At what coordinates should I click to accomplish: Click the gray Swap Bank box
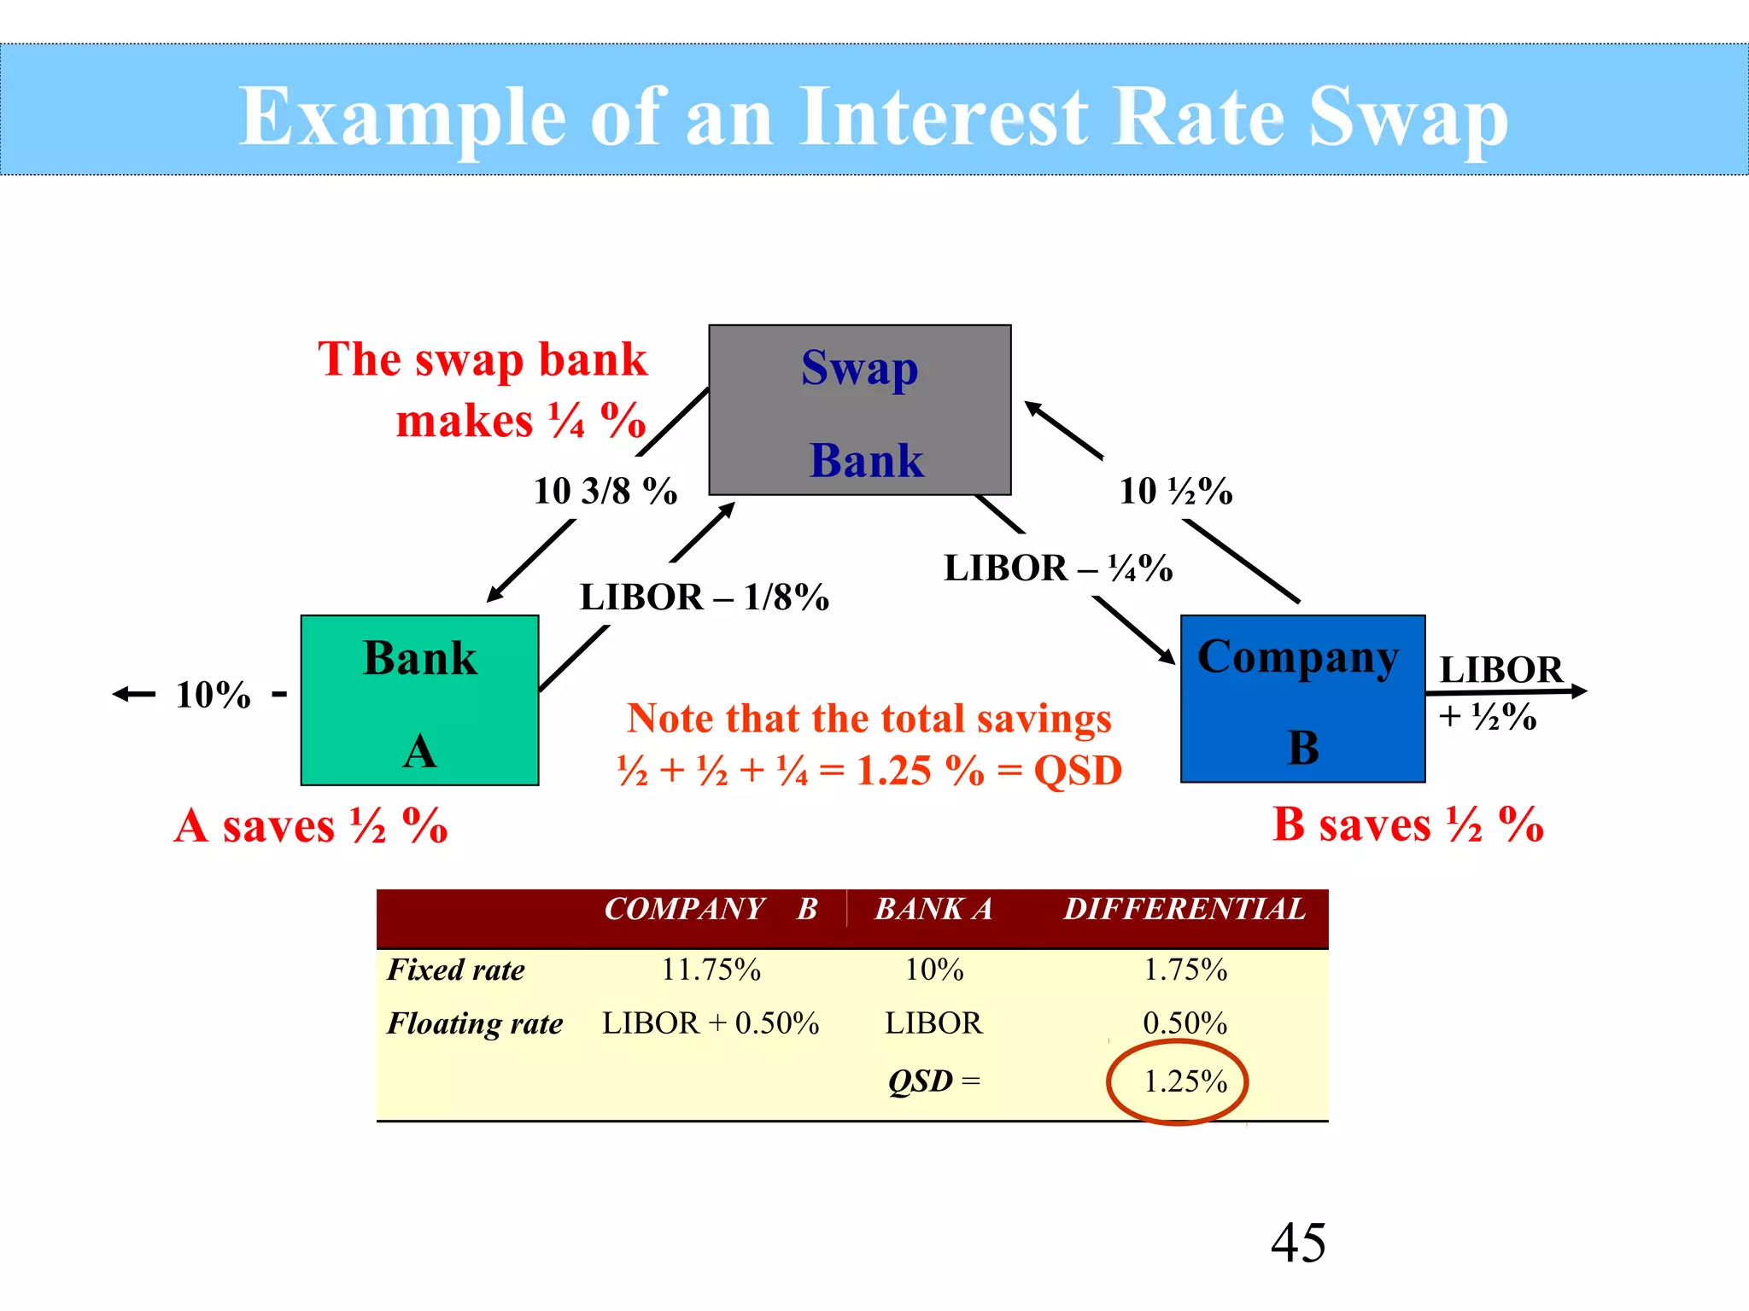point(860,410)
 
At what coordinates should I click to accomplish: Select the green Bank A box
point(419,700)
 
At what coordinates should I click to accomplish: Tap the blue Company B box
point(1302,698)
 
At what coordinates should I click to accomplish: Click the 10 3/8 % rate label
point(605,491)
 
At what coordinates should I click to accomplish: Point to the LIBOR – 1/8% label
point(704,597)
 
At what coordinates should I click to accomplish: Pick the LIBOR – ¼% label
point(1057,568)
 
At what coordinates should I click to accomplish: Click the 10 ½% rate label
point(1176,491)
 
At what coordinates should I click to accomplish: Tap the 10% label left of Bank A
point(214,695)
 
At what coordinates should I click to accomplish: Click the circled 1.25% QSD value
point(1185,1081)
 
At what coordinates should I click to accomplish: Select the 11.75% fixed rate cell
point(711,970)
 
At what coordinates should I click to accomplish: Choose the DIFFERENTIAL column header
point(1184,909)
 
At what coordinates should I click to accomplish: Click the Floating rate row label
point(475,1023)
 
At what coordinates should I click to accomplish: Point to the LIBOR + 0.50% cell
point(711,1023)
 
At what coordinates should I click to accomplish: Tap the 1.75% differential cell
point(1185,970)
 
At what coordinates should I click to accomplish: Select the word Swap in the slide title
point(1407,118)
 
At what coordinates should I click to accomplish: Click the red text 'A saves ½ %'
point(311,825)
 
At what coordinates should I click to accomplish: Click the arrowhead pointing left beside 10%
point(122,695)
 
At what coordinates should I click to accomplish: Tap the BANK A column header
point(933,909)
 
